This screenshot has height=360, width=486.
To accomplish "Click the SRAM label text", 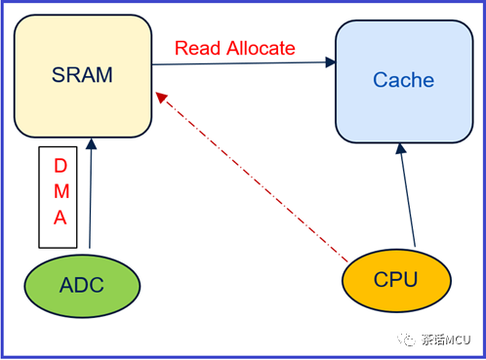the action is pyautogui.click(x=82, y=75).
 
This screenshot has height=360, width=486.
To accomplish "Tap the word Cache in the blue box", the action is pyautogui.click(x=403, y=80).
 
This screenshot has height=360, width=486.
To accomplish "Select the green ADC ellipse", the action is pyautogui.click(x=82, y=286).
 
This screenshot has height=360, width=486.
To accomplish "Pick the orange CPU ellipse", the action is pyautogui.click(x=396, y=280).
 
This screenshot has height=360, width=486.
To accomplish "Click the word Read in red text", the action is pyautogui.click(x=198, y=48).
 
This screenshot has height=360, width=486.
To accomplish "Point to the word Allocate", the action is pyautogui.click(x=261, y=48).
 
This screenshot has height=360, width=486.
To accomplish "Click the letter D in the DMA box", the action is pyautogui.click(x=61, y=166).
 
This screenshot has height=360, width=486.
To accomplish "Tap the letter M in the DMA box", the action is pyautogui.click(x=61, y=191).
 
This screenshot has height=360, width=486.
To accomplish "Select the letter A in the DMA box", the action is pyautogui.click(x=61, y=218).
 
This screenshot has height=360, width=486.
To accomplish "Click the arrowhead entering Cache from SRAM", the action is pyautogui.click(x=331, y=62).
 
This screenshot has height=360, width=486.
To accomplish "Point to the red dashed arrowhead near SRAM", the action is pyautogui.click(x=161, y=97).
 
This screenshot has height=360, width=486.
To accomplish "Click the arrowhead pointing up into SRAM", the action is pyautogui.click(x=91, y=144).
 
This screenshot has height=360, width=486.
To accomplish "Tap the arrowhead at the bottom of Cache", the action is pyautogui.click(x=400, y=148).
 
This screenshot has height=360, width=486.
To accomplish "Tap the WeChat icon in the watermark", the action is pyautogui.click(x=406, y=340).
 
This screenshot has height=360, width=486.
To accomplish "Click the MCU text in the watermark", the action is pyautogui.click(x=458, y=340).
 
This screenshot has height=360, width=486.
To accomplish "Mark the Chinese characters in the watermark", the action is pyautogui.click(x=433, y=340).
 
